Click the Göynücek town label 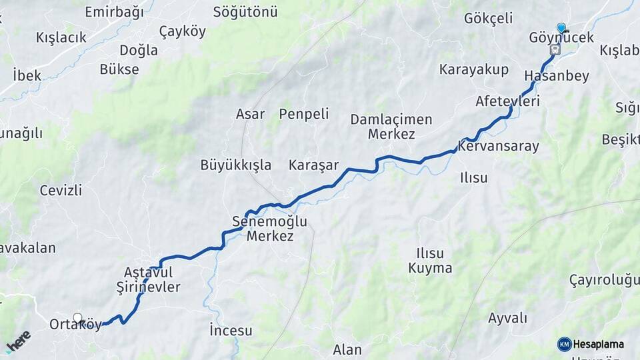pos(561,38)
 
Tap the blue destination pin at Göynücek pos(561,28)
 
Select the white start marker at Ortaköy pos(78,319)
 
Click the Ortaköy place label pos(75,325)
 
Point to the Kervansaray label pos(499,146)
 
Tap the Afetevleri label pos(507,101)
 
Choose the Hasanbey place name pos(557,76)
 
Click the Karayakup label pos(474,70)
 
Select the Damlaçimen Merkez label pos(391,127)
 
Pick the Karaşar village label pos(313,165)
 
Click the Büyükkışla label pos(236,165)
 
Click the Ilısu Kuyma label pos(430,261)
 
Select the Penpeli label pos(304,114)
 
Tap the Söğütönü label pos(245,12)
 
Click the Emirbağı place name pos(115,12)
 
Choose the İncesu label pos(231,330)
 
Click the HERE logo pos(18,341)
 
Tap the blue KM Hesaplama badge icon pos(565,344)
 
